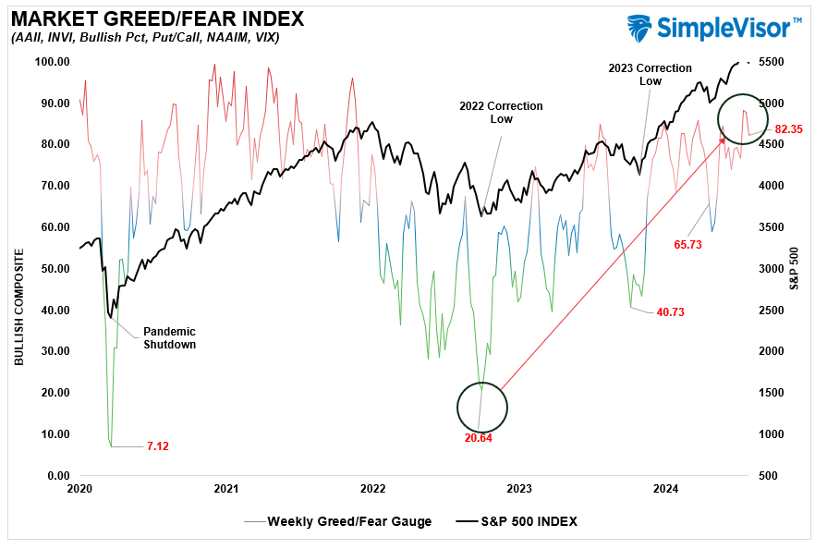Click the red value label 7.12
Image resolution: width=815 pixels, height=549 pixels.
158,446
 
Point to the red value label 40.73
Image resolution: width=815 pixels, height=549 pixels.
669,312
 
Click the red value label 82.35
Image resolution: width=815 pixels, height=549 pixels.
788,129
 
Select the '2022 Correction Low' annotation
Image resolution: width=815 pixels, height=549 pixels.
501,113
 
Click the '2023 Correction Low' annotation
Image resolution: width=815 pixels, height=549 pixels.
651,74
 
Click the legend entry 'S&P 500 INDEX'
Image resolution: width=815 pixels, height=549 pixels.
530,521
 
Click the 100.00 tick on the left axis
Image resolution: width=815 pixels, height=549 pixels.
53,62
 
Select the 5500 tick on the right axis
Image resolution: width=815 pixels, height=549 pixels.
772,62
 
